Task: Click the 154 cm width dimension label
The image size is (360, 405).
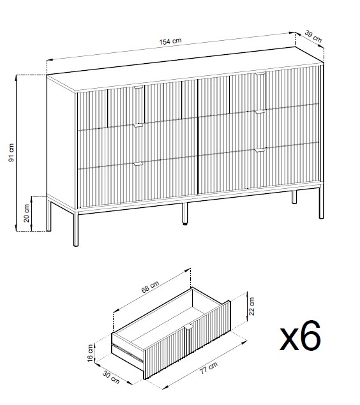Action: click(170, 41)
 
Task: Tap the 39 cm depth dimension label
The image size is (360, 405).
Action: click(313, 36)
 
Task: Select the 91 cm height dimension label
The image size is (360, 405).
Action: click(11, 152)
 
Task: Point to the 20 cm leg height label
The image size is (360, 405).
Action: click(27, 213)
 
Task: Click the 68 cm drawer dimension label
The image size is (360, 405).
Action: click(150, 287)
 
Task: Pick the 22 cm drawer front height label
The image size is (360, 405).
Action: click(251, 306)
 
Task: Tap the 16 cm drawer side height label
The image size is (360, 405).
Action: click(90, 353)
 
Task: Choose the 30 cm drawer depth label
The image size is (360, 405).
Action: click(111, 377)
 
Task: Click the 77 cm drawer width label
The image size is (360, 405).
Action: click(209, 368)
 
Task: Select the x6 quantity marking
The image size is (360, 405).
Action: click(301, 335)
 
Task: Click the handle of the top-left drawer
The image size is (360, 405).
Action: click(139, 87)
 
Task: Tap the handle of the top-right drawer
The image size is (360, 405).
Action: click(260, 74)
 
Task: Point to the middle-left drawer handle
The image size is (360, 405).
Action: click(139, 126)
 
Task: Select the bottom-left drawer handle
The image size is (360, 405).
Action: click(139, 164)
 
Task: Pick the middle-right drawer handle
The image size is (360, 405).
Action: click(260, 112)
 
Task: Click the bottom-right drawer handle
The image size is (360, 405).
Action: click(260, 151)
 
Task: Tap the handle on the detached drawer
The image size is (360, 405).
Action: click(188, 327)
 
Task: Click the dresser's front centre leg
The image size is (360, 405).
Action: click(185, 214)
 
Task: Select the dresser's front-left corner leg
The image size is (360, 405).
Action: click(76, 228)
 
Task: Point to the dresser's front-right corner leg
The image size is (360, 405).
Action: click(321, 203)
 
